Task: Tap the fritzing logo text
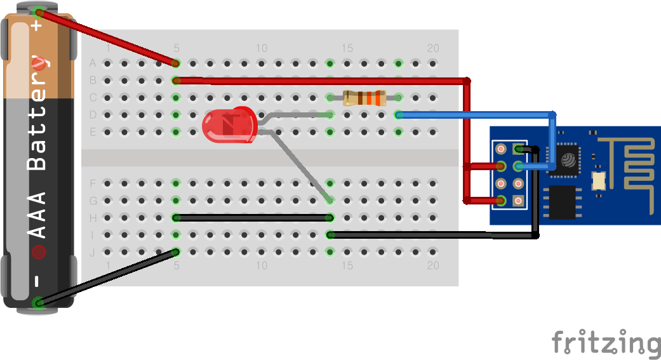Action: click(605, 343)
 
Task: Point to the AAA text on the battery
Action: click(39, 216)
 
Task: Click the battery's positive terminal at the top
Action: click(38, 11)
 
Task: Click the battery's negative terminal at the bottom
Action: click(39, 303)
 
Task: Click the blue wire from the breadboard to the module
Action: click(476, 116)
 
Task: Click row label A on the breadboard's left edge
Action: click(93, 63)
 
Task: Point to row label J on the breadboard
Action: click(93, 252)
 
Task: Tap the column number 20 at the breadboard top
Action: click(433, 48)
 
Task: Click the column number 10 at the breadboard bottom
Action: click(261, 265)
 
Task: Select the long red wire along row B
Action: click(317, 81)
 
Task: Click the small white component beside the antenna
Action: click(598, 180)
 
